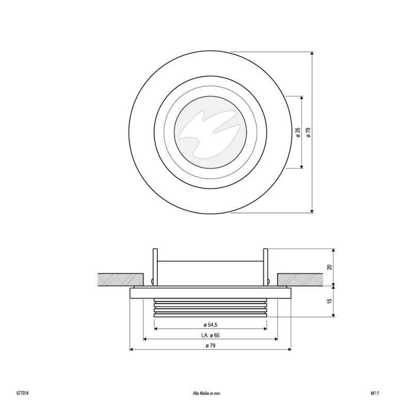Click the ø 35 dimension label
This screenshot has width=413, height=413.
[x=298, y=132]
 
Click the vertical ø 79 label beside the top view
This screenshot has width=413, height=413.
[x=309, y=132]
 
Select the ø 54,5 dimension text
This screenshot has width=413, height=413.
[x=211, y=325]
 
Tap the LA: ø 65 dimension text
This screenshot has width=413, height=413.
[x=210, y=335]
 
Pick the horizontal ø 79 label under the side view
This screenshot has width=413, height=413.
[x=211, y=345]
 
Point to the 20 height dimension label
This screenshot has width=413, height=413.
[x=329, y=267]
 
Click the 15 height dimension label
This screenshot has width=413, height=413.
[x=329, y=301]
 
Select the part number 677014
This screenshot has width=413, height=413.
[x=22, y=393]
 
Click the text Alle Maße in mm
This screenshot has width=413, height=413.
[x=206, y=393]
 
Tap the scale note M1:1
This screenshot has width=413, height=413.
[x=375, y=393]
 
